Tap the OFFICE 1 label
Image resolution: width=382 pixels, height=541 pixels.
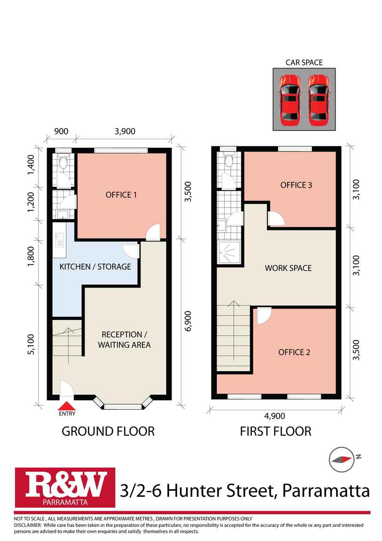coord(121,195)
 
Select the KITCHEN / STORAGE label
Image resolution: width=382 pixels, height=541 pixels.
coord(95,267)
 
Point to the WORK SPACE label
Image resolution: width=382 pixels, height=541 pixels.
coord(288,268)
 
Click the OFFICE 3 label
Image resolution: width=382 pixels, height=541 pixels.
coord(296,185)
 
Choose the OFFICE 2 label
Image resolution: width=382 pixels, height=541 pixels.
coord(294,352)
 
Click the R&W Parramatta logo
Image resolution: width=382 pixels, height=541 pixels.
coord(65,487)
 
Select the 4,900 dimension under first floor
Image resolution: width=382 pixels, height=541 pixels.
coord(274,416)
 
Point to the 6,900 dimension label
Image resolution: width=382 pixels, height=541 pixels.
coord(188,321)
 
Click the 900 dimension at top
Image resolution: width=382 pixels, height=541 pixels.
coord(61,131)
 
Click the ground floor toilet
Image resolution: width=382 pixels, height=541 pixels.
coord(63,162)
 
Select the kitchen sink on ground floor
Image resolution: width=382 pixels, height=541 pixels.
coord(60,239)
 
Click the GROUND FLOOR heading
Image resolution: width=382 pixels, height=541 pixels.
coord(108,431)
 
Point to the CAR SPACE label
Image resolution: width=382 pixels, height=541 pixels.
coord(304,63)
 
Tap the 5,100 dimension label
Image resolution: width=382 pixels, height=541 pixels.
coord(31,344)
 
